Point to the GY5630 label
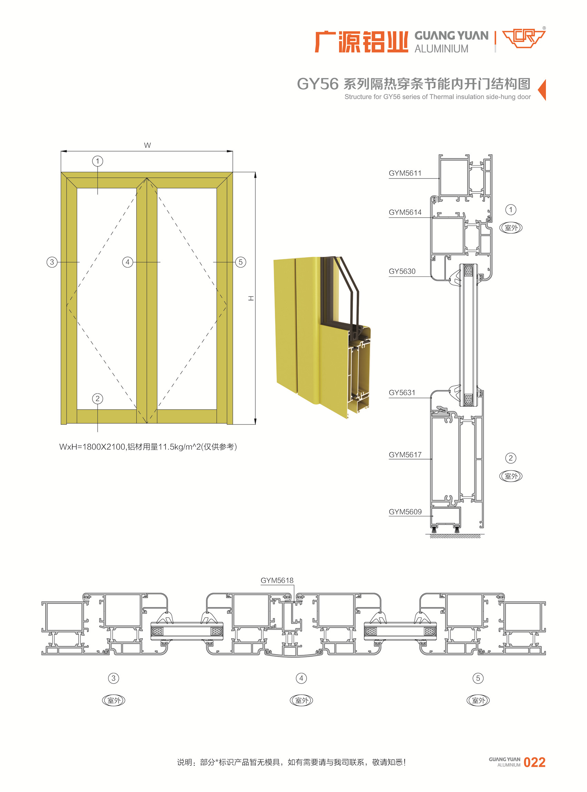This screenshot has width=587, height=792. click(x=402, y=271)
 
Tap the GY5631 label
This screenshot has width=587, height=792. click(x=402, y=393)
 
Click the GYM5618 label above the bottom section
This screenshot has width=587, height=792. click(x=277, y=580)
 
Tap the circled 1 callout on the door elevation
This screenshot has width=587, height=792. click(x=98, y=161)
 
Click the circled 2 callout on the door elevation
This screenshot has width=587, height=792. click(x=98, y=399)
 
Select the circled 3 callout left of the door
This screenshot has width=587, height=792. click(x=52, y=262)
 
